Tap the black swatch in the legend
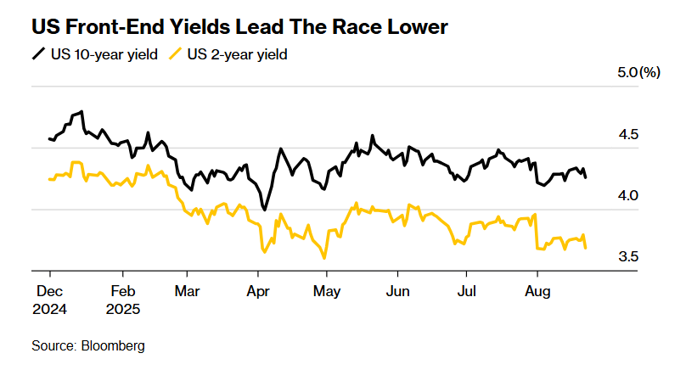38,54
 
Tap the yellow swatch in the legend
175,54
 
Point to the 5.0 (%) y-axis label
638,74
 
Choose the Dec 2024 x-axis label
51,299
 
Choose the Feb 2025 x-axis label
123,299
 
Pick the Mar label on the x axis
188,291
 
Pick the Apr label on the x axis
257,291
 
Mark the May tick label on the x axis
327,291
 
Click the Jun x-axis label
397,291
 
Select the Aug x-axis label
537,291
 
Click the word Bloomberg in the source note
113,346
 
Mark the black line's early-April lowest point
265,210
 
